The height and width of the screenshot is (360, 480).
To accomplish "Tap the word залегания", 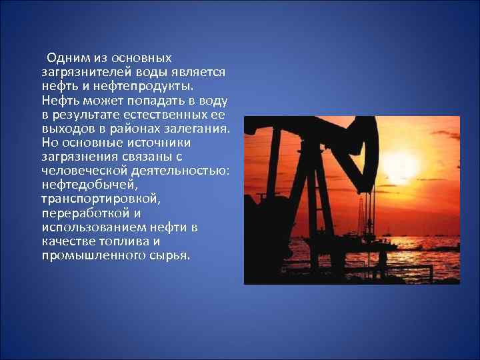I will tap(197, 128).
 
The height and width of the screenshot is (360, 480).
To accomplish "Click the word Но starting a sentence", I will tap(49, 142).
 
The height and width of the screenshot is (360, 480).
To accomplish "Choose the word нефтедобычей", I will tap(89, 185).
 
